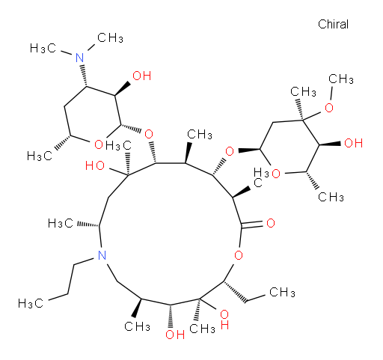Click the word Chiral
(333, 24)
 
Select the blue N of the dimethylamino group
(80, 58)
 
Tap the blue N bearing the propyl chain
(102, 255)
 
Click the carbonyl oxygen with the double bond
(271, 223)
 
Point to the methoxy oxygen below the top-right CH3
(329, 108)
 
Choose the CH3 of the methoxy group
(340, 79)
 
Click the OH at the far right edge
(353, 143)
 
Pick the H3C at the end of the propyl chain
(31, 303)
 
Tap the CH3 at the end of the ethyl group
(282, 292)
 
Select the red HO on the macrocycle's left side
(95, 165)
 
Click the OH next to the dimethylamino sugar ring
(141, 76)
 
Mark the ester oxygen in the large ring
(239, 255)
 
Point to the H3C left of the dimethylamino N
(43, 48)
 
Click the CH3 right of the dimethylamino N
(110, 38)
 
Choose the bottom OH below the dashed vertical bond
(175, 335)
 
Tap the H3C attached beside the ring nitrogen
(61, 223)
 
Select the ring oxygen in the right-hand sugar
(276, 174)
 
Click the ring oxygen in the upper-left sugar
(99, 144)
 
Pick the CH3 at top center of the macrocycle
(200, 134)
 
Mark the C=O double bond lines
(252, 224)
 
